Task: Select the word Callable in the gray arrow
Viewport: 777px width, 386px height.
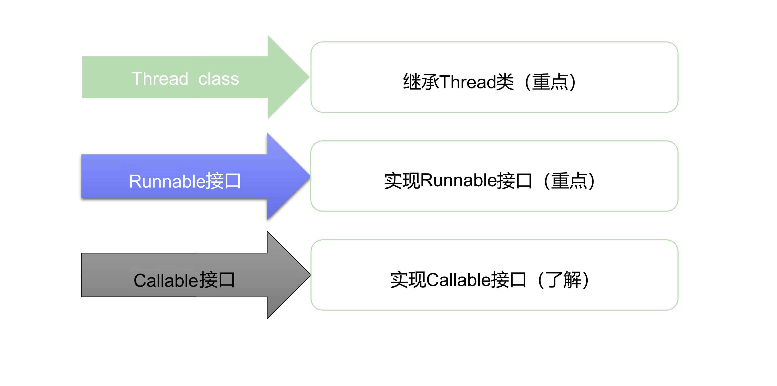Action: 166,280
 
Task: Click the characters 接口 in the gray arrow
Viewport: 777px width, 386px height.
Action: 217,280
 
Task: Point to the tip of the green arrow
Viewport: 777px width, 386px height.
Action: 309,77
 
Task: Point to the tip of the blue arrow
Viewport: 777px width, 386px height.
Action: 310,176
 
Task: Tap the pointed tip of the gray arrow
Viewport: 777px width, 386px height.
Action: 310,275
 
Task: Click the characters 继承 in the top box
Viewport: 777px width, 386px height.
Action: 421,82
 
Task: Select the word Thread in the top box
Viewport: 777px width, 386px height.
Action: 468,82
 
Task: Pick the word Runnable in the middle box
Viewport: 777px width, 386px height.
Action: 458,180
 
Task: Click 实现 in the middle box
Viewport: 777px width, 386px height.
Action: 402,180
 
